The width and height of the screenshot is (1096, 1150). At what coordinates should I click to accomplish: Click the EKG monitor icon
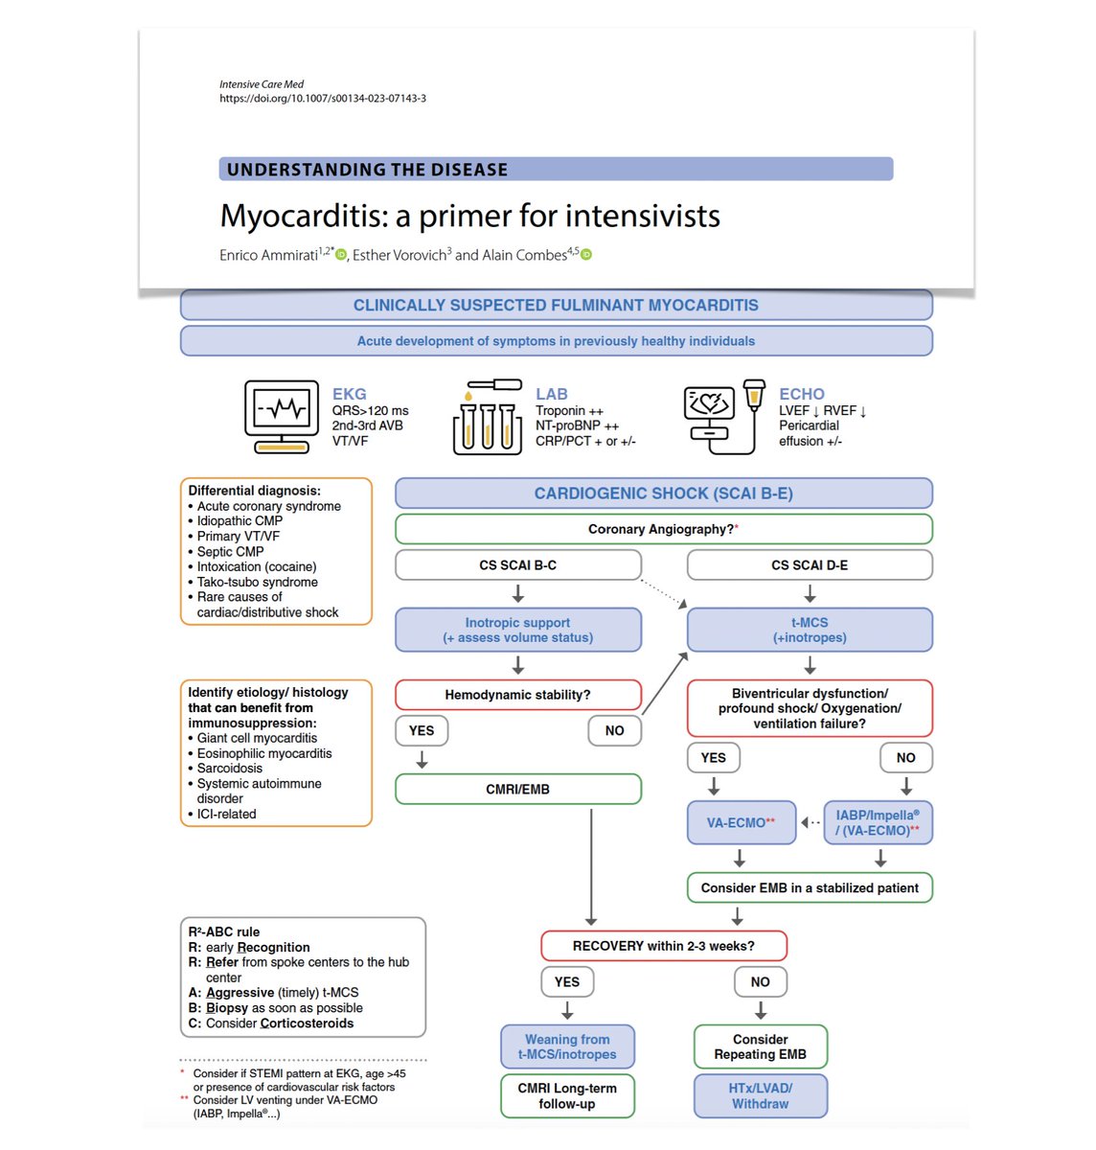coord(282,416)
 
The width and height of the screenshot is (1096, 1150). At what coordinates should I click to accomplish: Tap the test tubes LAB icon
coord(487,417)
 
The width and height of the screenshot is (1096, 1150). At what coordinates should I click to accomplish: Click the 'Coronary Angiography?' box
coord(663,529)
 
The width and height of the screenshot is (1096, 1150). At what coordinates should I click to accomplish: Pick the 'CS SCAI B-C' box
coord(517,565)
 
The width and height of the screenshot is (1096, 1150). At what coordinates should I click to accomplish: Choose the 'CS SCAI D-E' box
coord(810,565)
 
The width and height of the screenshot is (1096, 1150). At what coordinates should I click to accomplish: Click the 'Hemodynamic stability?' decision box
coord(517,695)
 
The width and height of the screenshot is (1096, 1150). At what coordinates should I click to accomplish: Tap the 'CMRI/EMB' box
coord(517,790)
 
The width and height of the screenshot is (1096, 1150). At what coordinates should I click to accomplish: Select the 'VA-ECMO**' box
coord(742,822)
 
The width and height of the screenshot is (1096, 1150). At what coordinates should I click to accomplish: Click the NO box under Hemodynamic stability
coord(614,730)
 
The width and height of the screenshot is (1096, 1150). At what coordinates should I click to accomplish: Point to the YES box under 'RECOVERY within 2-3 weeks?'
coord(567,981)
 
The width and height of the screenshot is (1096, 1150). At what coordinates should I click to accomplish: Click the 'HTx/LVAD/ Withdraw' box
coord(760,1095)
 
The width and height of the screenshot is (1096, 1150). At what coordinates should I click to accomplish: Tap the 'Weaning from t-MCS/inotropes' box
coord(567,1046)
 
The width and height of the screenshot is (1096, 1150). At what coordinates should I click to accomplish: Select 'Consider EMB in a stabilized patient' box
coord(810,887)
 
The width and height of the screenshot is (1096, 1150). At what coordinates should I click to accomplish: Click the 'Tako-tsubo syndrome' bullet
coord(257,582)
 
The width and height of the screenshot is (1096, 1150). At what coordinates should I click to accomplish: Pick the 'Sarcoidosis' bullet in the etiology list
coord(230,768)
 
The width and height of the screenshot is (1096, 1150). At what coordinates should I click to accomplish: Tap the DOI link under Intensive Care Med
coord(323,98)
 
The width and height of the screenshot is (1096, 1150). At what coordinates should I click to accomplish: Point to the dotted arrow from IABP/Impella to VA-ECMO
coord(811,822)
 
